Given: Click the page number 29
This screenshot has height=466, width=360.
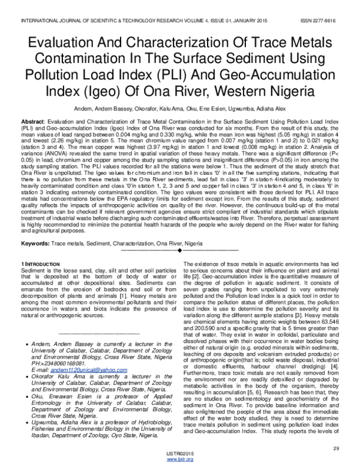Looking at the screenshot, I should tap(336, 448).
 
